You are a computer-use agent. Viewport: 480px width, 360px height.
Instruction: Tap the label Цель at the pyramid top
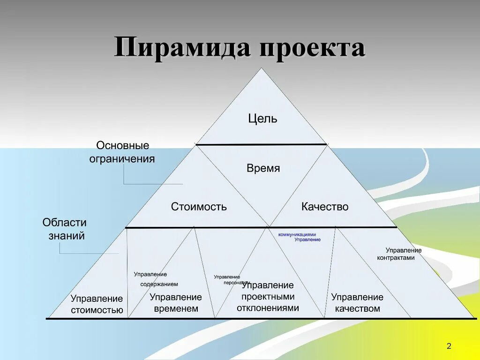(262, 119)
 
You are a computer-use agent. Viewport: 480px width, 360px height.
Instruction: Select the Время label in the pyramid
(263, 168)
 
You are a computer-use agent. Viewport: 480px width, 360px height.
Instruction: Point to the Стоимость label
(199, 207)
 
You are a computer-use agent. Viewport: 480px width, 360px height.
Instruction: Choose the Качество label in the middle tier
(325, 207)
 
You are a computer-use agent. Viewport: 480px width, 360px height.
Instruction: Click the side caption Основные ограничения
(122, 152)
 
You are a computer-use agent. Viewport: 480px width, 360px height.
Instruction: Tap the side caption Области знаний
(65, 229)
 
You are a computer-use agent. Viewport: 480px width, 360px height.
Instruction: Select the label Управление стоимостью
(97, 304)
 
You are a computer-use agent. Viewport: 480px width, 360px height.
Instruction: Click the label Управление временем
(176, 303)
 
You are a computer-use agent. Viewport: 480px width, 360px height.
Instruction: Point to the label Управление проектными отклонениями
(268, 297)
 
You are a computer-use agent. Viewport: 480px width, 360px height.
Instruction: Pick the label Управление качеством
(357, 303)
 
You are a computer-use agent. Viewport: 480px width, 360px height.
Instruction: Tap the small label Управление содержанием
(156, 279)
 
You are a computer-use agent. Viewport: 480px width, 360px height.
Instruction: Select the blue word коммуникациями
(297, 234)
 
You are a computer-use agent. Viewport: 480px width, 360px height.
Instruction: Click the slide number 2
(449, 346)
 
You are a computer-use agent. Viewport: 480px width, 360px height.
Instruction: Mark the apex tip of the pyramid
(262, 69)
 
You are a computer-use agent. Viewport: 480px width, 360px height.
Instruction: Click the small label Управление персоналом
(228, 279)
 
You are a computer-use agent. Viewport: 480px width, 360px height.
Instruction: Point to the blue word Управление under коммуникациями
(307, 240)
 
